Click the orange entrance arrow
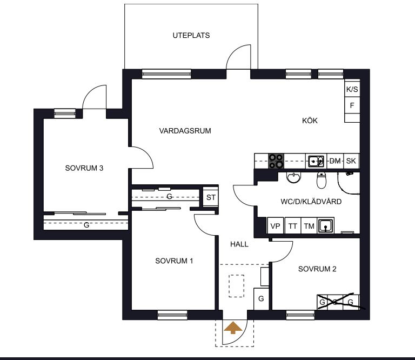coord(233,328)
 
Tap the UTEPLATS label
coord(191,36)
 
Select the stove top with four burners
coord(276,161)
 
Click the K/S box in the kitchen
coord(352,89)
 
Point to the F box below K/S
coord(352,105)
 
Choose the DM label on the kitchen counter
coord(335,161)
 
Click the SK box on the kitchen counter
coord(351,161)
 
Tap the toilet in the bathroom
coord(322,180)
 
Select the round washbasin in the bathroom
coord(294,177)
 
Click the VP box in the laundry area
coord(276,226)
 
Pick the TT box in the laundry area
coord(292,226)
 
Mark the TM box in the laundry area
coord(309,226)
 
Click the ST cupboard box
coord(211,197)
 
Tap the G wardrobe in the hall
coord(261,299)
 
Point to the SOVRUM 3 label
coord(84,168)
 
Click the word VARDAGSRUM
coord(185,131)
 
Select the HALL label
coord(239,244)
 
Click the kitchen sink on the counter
coord(316,161)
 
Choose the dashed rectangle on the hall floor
coord(236,286)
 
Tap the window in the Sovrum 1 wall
coord(172,315)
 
